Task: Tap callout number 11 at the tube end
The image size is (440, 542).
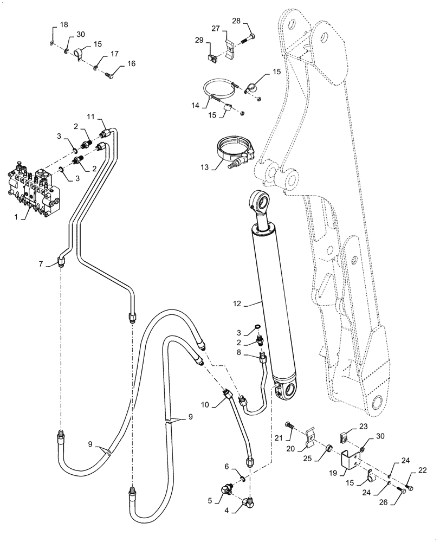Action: pyautogui.click(x=91, y=117)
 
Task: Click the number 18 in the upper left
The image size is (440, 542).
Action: pyautogui.click(x=64, y=24)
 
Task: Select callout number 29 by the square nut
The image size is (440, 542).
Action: pyautogui.click(x=199, y=40)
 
